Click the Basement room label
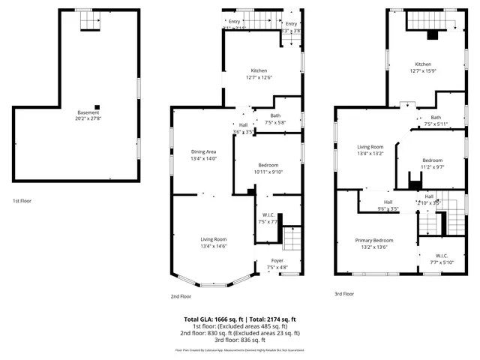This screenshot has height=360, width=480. [x=88, y=112]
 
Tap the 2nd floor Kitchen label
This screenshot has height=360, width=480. [x=259, y=69]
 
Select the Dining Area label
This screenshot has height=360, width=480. [x=204, y=151]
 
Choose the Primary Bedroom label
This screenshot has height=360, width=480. [x=374, y=240]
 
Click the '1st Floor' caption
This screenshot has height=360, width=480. [x=21, y=201]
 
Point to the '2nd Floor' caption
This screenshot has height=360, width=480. [x=180, y=296]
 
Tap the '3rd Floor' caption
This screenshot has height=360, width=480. [x=343, y=293]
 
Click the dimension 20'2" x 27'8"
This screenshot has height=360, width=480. [x=88, y=118]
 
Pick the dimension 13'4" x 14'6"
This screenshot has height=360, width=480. [x=214, y=246]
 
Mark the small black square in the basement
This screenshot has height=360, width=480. [x=96, y=106]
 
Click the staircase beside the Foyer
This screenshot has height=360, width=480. [x=292, y=240]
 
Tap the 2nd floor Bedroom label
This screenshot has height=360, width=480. [x=268, y=165]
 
